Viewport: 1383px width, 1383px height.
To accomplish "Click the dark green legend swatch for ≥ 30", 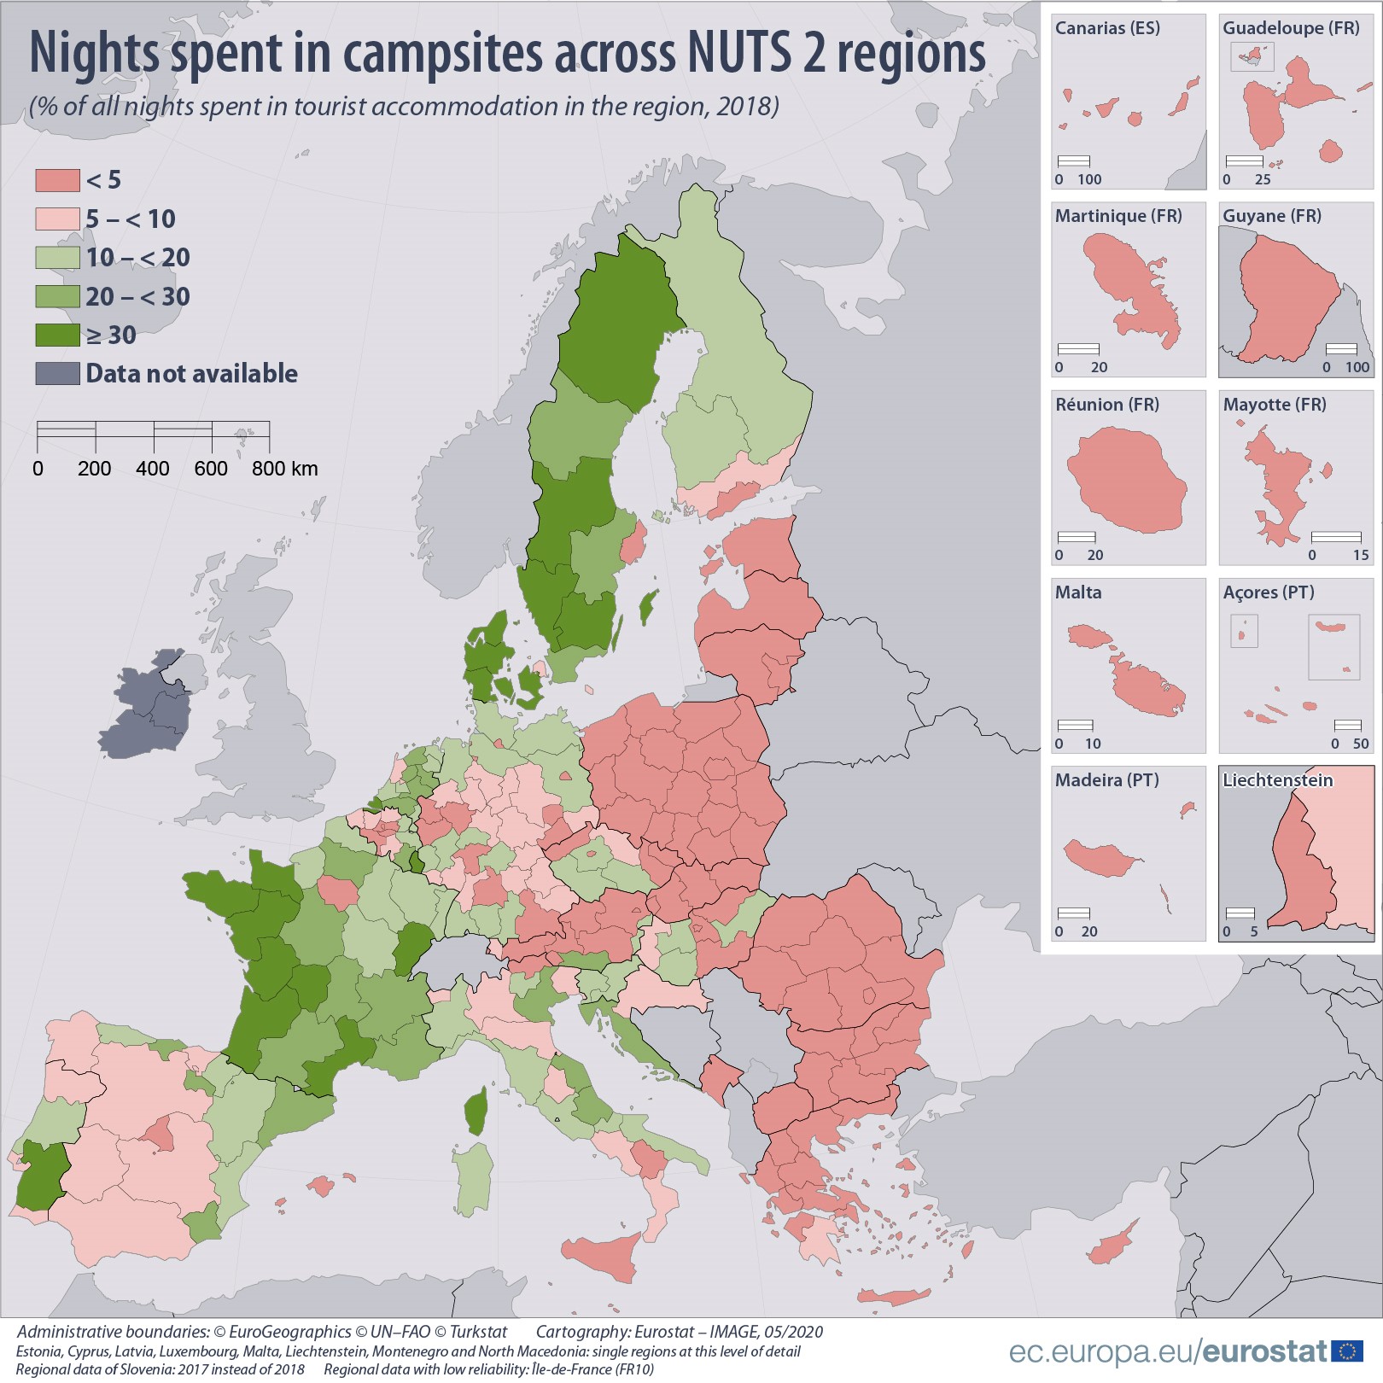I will [x=57, y=335].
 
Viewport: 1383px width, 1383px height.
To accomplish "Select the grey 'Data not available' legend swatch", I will [x=57, y=373].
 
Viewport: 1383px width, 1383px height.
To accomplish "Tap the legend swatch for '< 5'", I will [x=57, y=180].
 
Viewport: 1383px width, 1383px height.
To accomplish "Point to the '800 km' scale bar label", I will [x=284, y=469].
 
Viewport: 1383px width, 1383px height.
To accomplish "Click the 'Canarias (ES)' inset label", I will [x=1107, y=28].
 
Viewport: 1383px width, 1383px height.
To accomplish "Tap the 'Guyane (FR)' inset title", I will [x=1271, y=216].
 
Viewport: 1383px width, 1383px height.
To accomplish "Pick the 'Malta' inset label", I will [x=1078, y=592].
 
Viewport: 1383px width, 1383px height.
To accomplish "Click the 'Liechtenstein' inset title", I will [x=1277, y=780].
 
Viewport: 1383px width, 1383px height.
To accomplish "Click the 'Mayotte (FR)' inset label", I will [x=1274, y=405].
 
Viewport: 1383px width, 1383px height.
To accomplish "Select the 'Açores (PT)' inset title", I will [x=1268, y=592].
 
